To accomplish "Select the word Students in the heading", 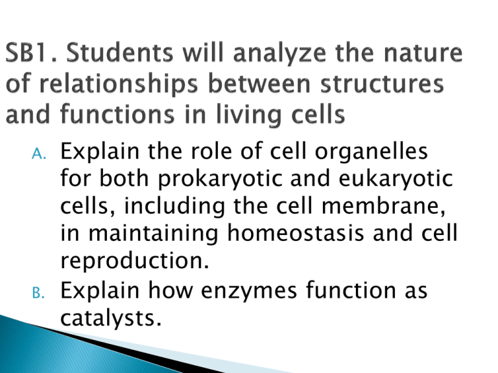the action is click(120, 52).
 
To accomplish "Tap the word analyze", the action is click(280, 54).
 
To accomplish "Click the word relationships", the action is click(119, 85).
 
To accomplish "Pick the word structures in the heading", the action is click(382, 84).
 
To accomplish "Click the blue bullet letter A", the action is click(39, 154).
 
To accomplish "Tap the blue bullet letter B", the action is click(38, 293).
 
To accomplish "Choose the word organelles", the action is click(372, 152).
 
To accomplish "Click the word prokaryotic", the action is click(220, 179).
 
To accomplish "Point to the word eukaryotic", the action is click(396, 179).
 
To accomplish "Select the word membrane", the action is click(383, 206).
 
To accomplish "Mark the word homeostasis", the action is click(296, 233).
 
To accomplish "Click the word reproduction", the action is click(135, 262).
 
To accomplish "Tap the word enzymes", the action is click(249, 291).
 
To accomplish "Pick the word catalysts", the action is click(111, 319).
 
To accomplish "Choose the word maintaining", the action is click(153, 234).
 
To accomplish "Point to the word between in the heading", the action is click(259, 84).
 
